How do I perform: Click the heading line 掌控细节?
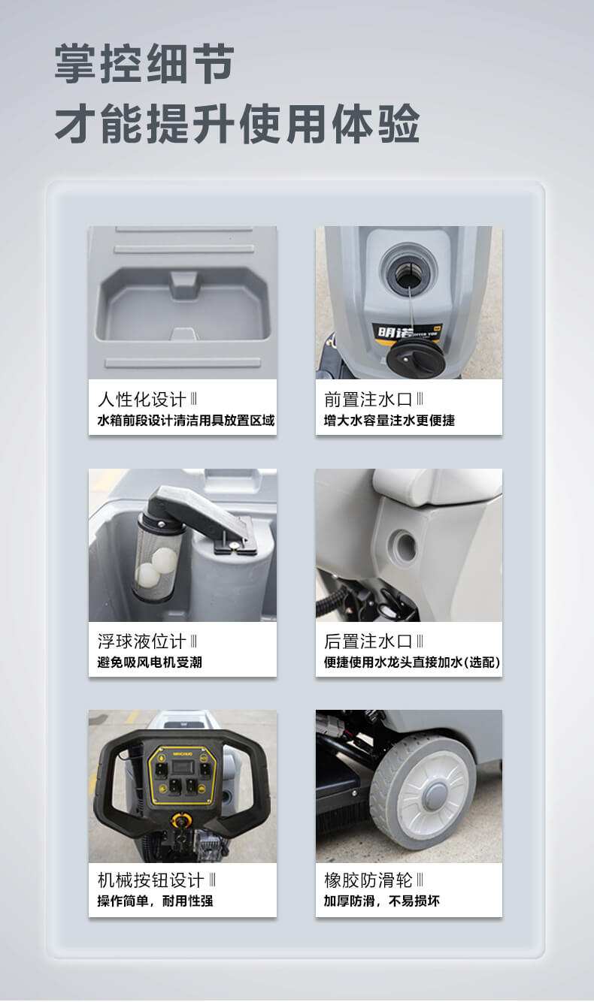point(144,64)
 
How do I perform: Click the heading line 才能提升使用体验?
point(238,124)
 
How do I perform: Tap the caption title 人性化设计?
point(141,400)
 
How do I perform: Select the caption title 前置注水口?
point(368,400)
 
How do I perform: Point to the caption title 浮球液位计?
point(141,641)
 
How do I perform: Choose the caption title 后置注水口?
point(368,641)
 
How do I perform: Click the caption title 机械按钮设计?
point(151,880)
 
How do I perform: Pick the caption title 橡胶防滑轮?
point(368,880)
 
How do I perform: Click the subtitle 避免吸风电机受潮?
point(150,662)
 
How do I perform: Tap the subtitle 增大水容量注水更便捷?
point(389,421)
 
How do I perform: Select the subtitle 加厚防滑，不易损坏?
point(382,901)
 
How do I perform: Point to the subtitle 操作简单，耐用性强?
point(156,901)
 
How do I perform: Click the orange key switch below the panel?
point(182,819)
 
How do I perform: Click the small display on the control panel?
point(183,767)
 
